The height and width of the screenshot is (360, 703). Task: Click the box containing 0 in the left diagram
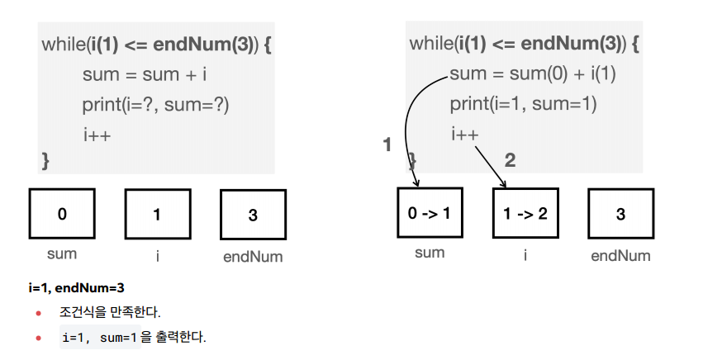(x=62, y=214)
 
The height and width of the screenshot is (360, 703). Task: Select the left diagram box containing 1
(x=157, y=214)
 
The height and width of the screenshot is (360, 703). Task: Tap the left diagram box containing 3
(x=253, y=215)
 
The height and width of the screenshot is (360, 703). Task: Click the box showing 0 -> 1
(x=430, y=213)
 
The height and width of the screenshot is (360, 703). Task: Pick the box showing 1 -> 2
(x=525, y=213)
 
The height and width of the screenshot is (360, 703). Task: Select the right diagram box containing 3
(x=620, y=214)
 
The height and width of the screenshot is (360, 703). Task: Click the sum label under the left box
(x=62, y=253)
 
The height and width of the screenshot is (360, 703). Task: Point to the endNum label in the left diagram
(x=253, y=256)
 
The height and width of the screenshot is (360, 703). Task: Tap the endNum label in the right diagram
(x=620, y=255)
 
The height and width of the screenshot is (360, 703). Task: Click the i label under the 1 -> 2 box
(x=525, y=253)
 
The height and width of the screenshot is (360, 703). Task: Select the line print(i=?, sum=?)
(x=155, y=105)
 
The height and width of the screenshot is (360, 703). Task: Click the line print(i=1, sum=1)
(x=523, y=105)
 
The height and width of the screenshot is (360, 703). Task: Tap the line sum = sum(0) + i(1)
(x=534, y=74)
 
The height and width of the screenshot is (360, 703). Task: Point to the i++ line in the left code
(x=97, y=135)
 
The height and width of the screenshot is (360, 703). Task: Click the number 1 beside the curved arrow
(x=387, y=145)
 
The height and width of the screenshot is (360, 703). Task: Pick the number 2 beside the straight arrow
(x=510, y=160)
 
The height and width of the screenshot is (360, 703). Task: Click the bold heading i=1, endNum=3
(x=76, y=288)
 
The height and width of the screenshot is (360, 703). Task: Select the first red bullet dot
(x=38, y=314)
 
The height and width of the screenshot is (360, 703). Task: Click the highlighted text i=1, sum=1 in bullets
(x=98, y=338)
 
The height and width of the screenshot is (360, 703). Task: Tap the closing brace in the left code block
(x=45, y=159)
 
